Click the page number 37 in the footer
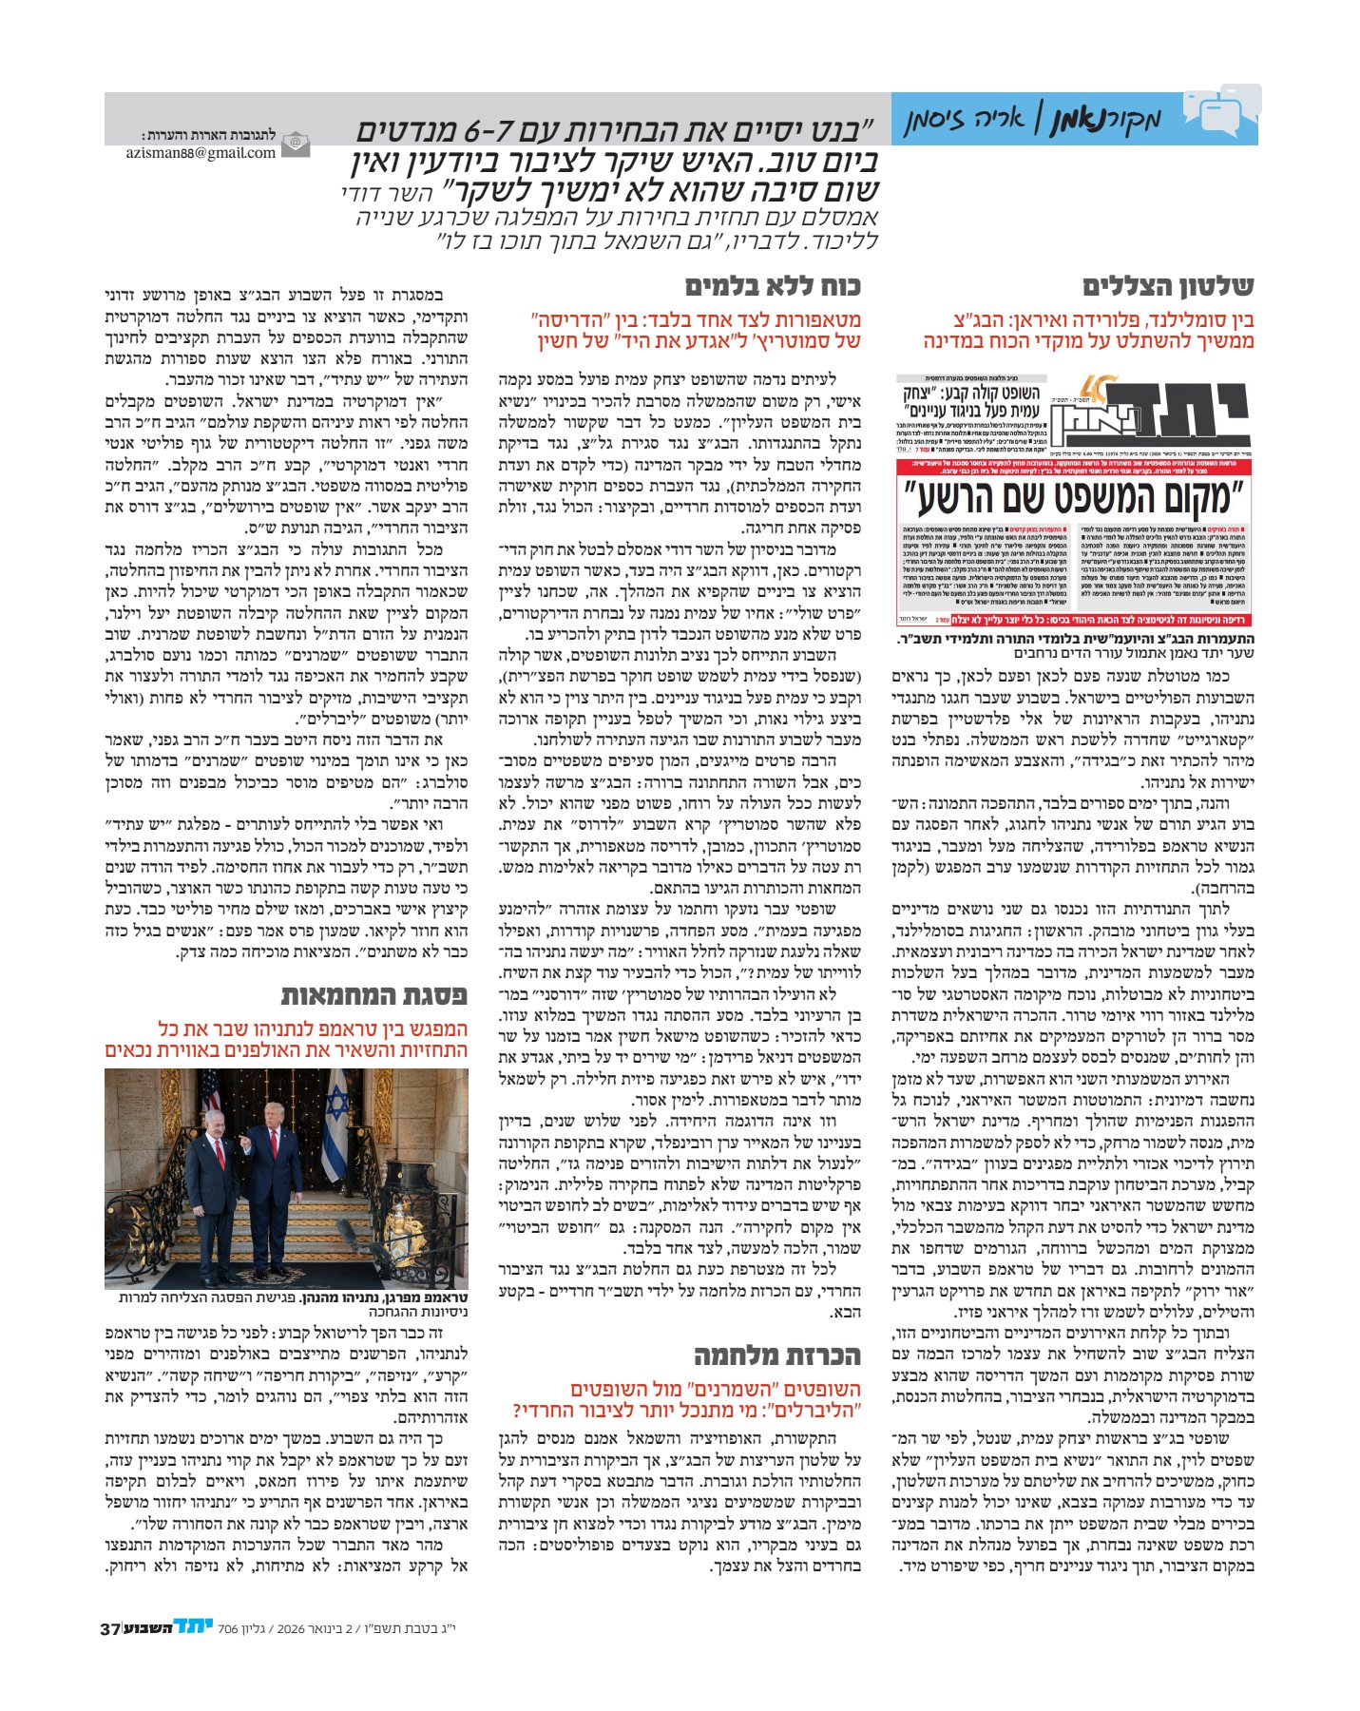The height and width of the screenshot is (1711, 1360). tap(108, 1628)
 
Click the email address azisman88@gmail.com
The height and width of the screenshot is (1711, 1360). tap(201, 152)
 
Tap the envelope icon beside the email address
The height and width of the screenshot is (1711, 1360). tap(295, 144)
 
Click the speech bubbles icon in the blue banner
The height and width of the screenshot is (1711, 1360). tap(1222, 112)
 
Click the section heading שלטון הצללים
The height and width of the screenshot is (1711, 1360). tap(1168, 286)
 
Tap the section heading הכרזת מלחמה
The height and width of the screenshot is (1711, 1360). tap(776, 1355)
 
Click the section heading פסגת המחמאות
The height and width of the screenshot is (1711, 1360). tap(374, 996)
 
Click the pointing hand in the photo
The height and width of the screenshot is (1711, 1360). tap(243, 1144)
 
